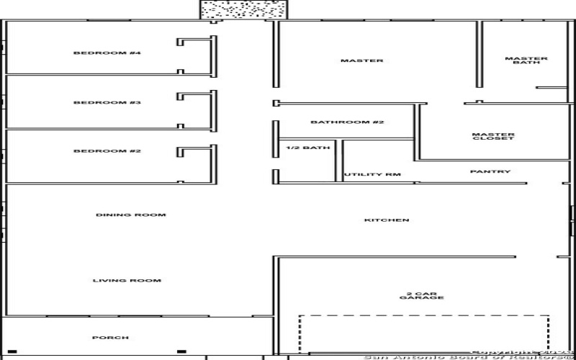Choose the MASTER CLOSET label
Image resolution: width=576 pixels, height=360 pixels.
click(x=493, y=136)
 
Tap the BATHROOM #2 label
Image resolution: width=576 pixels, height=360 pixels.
click(x=347, y=122)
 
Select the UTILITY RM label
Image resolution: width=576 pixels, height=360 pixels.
click(x=372, y=175)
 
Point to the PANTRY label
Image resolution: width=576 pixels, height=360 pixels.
click(x=490, y=171)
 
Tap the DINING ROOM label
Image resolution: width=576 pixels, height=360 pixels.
click(x=131, y=215)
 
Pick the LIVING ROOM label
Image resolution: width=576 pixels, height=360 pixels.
click(x=127, y=280)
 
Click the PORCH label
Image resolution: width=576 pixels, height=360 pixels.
click(x=110, y=338)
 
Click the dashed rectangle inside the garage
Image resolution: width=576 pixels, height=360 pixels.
click(x=425, y=315)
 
